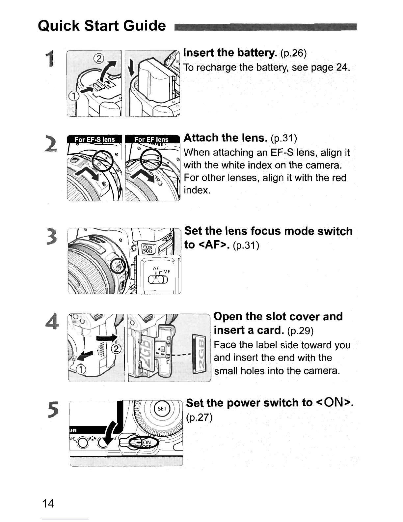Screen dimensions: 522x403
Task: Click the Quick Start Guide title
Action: pyautogui.click(x=102, y=26)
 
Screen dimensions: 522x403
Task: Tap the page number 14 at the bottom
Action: pyautogui.click(x=48, y=504)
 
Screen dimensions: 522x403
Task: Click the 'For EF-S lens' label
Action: pyautogui.click(x=94, y=139)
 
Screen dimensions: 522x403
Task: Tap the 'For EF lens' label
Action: pyautogui.click(x=151, y=139)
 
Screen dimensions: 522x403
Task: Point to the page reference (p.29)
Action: pyautogui.click(x=300, y=330)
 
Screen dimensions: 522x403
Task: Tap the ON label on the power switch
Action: pyautogui.click(x=147, y=443)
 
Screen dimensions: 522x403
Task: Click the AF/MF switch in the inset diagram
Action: pyautogui.click(x=158, y=279)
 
